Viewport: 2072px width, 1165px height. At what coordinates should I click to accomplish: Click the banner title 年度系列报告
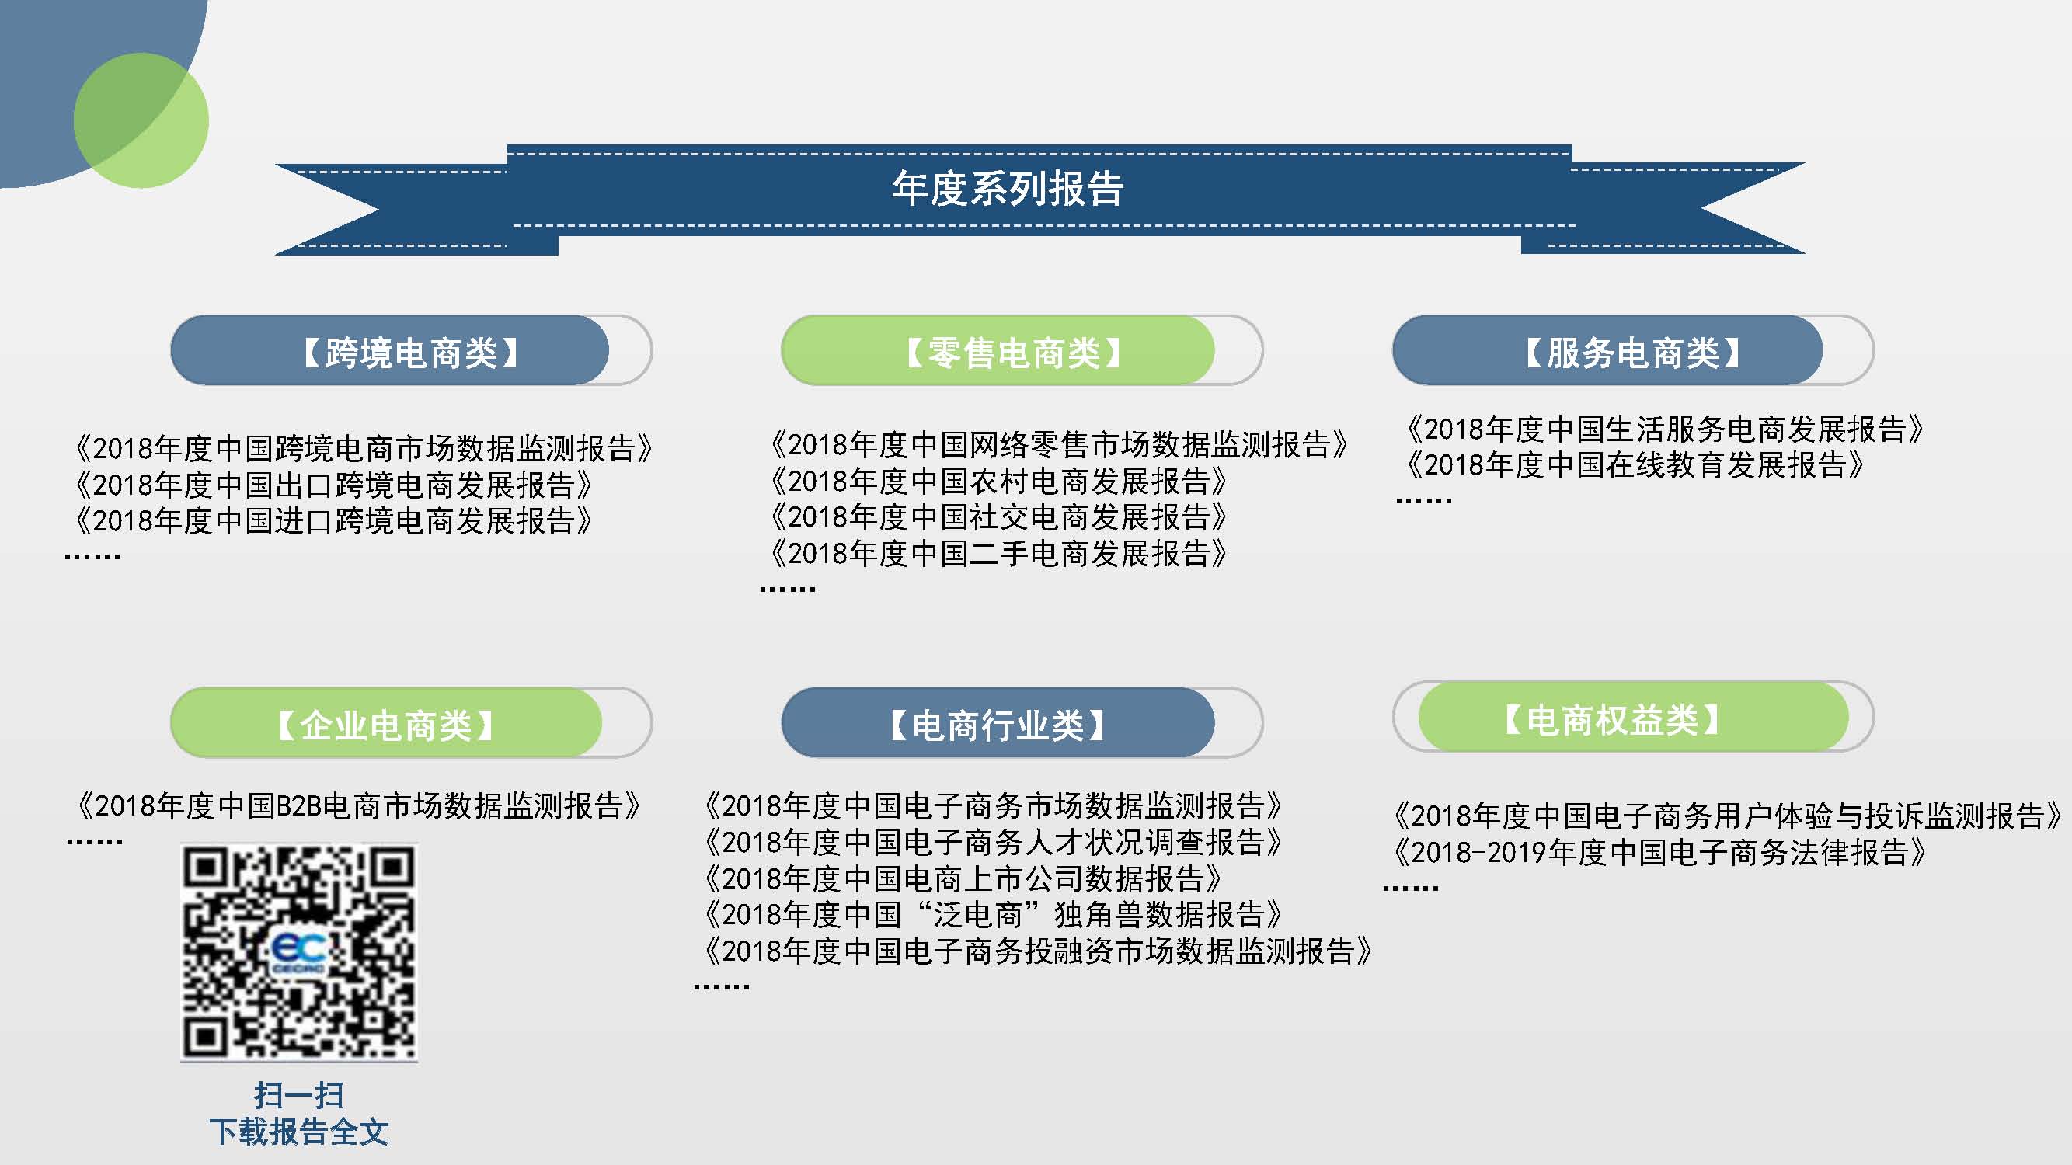click(x=1007, y=188)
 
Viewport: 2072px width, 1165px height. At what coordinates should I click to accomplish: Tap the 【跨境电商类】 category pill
click(x=390, y=350)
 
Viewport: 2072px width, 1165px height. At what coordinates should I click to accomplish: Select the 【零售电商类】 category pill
click(x=998, y=350)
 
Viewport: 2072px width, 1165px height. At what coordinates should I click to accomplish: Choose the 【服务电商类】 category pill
click(x=1608, y=350)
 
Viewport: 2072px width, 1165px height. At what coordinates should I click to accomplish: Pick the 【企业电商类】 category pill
click(x=386, y=723)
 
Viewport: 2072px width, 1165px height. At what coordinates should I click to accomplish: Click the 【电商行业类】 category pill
click(x=998, y=723)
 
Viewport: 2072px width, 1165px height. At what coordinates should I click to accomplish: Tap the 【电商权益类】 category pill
click(x=1634, y=717)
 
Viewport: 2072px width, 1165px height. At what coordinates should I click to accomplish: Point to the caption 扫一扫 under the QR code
click(x=299, y=1095)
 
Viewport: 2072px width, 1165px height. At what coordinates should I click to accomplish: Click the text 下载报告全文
click(x=299, y=1132)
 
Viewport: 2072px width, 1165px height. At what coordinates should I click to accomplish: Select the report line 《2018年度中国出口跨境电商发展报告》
click(x=333, y=485)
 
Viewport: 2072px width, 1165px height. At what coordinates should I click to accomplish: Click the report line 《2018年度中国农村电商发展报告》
click(x=998, y=481)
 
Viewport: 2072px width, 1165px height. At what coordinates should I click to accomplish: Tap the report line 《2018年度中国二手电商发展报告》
click(x=998, y=553)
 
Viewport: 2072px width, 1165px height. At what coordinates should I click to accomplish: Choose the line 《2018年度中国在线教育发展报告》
click(x=1635, y=464)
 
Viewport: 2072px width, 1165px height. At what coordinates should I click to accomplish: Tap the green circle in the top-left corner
click(x=141, y=120)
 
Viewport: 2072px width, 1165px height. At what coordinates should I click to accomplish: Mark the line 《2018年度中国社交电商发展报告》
click(x=998, y=517)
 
